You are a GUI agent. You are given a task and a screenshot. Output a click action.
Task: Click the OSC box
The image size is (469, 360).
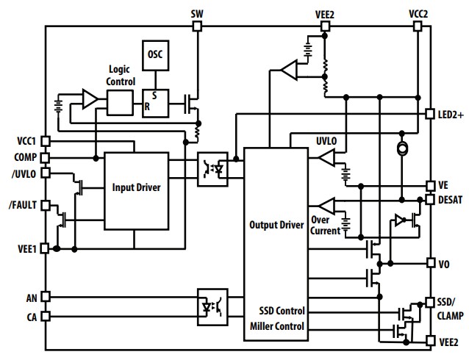[x=155, y=56]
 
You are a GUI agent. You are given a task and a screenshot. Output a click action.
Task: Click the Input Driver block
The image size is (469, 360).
[x=136, y=187]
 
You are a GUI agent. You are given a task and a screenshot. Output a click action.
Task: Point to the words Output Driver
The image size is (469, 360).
[x=276, y=225]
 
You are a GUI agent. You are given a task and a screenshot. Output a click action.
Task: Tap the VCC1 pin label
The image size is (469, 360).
[x=26, y=140]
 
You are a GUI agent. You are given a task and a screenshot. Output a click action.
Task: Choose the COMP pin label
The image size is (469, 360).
[x=26, y=156]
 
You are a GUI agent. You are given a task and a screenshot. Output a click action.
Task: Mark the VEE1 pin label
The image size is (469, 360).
[x=26, y=248]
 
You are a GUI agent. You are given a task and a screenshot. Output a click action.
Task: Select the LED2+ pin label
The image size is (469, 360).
[x=450, y=114]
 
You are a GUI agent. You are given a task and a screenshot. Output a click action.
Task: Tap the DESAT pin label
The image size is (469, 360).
[x=451, y=199]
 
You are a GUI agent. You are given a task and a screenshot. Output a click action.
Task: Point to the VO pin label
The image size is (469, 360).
[x=445, y=262]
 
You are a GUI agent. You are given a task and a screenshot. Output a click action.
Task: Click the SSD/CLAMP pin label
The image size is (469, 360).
[x=450, y=309]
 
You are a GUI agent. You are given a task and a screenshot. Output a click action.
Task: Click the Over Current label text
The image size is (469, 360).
[x=324, y=225]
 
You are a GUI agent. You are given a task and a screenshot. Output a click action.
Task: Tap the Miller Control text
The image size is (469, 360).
[x=276, y=326]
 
